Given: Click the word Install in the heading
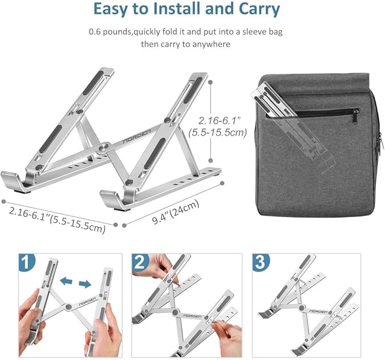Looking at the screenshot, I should pyautogui.click(x=179, y=10).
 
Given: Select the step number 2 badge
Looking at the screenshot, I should pyautogui.click(x=142, y=263).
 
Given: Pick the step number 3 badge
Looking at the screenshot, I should pyautogui.click(x=260, y=263).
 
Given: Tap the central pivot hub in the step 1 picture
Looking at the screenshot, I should pyautogui.click(x=69, y=307).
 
